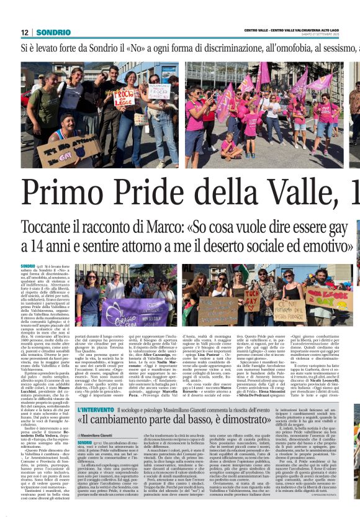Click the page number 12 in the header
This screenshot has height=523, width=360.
point(24,32)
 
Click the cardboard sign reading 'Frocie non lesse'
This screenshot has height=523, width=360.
point(125,97)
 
